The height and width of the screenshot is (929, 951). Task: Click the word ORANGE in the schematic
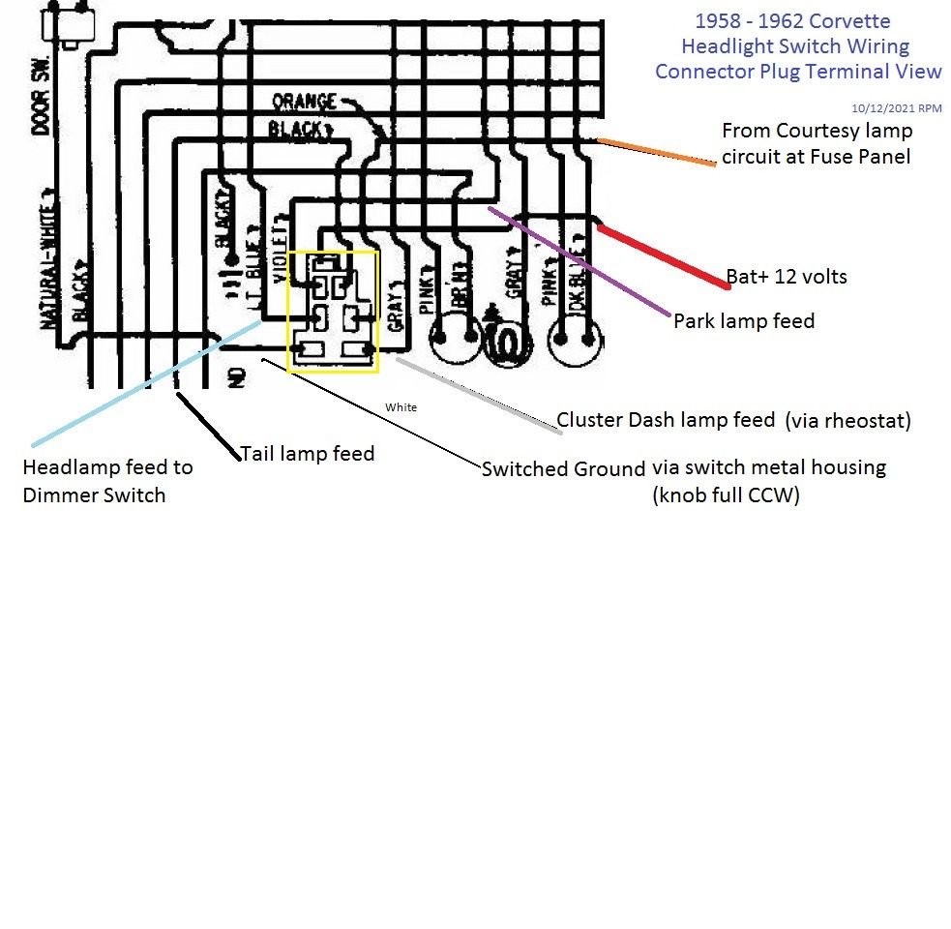tap(304, 102)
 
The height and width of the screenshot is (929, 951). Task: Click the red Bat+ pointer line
tap(664, 256)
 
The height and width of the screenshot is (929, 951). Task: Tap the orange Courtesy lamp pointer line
tap(658, 153)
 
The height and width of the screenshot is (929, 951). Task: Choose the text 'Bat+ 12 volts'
tap(787, 277)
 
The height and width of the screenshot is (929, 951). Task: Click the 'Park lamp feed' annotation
tap(744, 320)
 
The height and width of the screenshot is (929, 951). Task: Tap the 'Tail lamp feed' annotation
tap(307, 453)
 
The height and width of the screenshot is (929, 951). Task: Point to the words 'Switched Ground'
tap(564, 469)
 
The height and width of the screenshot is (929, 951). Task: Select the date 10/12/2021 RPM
tap(896, 108)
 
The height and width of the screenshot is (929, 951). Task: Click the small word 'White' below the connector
tap(401, 407)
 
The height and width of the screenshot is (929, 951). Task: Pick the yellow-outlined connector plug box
tap(333, 311)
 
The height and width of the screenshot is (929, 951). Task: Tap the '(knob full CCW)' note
tap(728, 496)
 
